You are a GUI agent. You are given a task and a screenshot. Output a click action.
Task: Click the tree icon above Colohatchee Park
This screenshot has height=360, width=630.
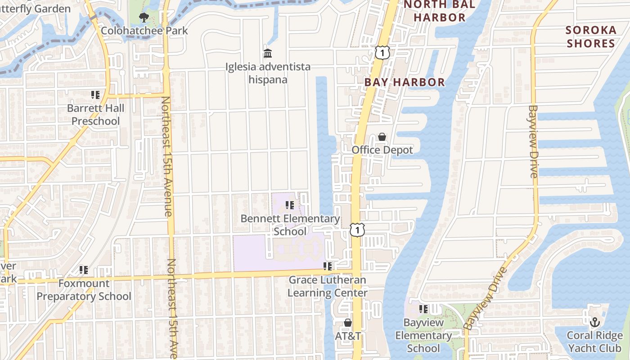(144, 18)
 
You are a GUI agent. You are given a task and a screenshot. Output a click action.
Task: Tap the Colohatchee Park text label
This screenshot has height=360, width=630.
(144, 31)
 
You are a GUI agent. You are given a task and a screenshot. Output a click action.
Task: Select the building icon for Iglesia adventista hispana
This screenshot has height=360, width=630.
(268, 54)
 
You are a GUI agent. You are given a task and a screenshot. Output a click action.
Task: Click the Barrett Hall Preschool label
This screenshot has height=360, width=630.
(95, 115)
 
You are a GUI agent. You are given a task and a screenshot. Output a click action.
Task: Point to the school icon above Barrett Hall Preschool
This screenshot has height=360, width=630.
(95, 95)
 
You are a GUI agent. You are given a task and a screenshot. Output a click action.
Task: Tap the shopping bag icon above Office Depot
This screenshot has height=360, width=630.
(382, 137)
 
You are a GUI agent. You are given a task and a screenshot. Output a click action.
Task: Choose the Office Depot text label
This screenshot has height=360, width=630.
(382, 150)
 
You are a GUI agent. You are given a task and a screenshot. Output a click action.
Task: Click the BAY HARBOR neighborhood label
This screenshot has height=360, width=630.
(405, 82)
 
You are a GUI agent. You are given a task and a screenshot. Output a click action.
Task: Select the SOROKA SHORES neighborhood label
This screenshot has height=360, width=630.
(591, 36)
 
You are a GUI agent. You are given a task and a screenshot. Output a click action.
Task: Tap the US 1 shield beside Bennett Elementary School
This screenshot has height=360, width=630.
(357, 230)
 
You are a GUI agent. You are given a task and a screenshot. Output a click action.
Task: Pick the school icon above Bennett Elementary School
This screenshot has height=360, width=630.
(290, 205)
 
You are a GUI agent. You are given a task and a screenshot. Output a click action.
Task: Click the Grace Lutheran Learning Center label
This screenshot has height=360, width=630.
(328, 286)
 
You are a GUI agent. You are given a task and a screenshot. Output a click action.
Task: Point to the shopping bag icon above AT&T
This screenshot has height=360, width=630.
(347, 323)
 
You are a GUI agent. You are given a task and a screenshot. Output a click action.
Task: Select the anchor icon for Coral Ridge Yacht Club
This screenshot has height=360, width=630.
(595, 322)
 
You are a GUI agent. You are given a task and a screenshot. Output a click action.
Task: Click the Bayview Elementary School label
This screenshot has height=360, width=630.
(423, 335)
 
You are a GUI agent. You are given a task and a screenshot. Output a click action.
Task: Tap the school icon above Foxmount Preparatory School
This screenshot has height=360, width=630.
(84, 270)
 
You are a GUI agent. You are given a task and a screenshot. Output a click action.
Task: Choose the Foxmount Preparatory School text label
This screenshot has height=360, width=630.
(84, 290)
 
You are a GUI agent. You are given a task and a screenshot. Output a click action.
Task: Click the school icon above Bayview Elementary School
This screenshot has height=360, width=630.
(423, 309)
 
